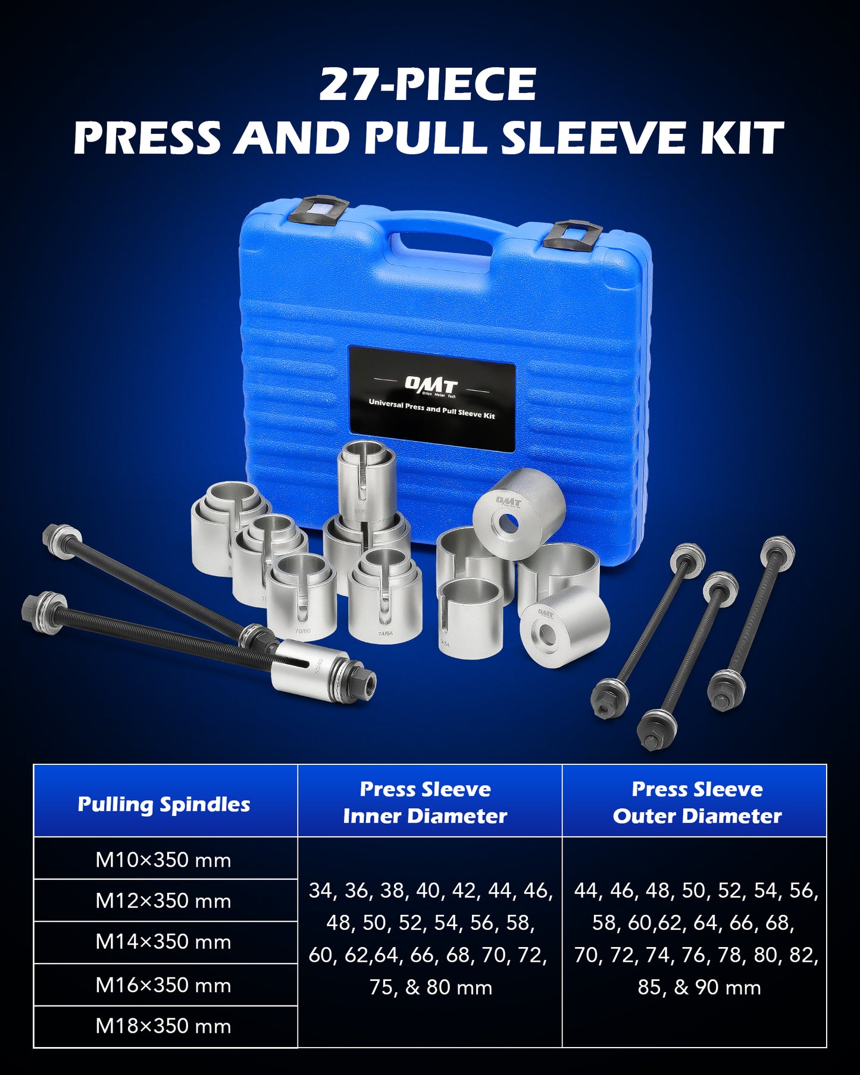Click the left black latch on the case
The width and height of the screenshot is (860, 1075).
319,210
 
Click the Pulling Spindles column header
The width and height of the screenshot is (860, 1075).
164,804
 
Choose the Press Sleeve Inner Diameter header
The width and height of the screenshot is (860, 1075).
425,802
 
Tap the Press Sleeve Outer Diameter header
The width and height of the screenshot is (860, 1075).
697,802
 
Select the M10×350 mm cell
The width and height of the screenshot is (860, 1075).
163,860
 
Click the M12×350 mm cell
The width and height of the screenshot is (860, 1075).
163,901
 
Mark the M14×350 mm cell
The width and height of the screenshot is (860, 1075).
163,942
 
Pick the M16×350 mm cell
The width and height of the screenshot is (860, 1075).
163,985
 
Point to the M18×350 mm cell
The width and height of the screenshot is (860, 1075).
163,1026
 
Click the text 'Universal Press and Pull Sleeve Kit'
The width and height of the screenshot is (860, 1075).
431,410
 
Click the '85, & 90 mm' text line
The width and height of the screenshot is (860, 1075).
699,987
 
